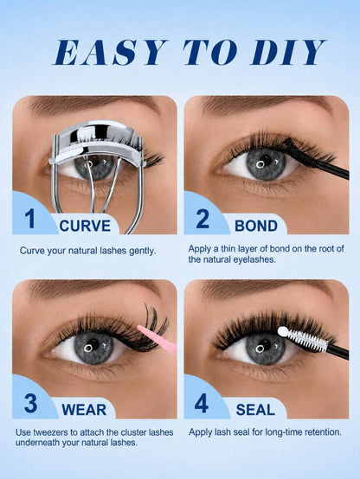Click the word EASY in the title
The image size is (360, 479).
coord(110,52)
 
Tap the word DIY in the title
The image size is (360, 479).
coord(288,52)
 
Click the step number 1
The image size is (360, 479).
coord(30,219)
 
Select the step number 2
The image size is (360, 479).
coord(202,219)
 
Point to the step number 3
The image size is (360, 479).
coord(30,403)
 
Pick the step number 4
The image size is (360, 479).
coord(202,403)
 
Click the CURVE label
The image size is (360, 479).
coord(85,226)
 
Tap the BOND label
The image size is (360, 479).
coord(256,226)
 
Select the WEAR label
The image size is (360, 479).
coord(84,410)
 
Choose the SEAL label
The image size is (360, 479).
coord(255,410)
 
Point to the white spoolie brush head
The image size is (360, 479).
coord(302,338)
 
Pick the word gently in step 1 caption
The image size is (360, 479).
coord(143,252)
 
